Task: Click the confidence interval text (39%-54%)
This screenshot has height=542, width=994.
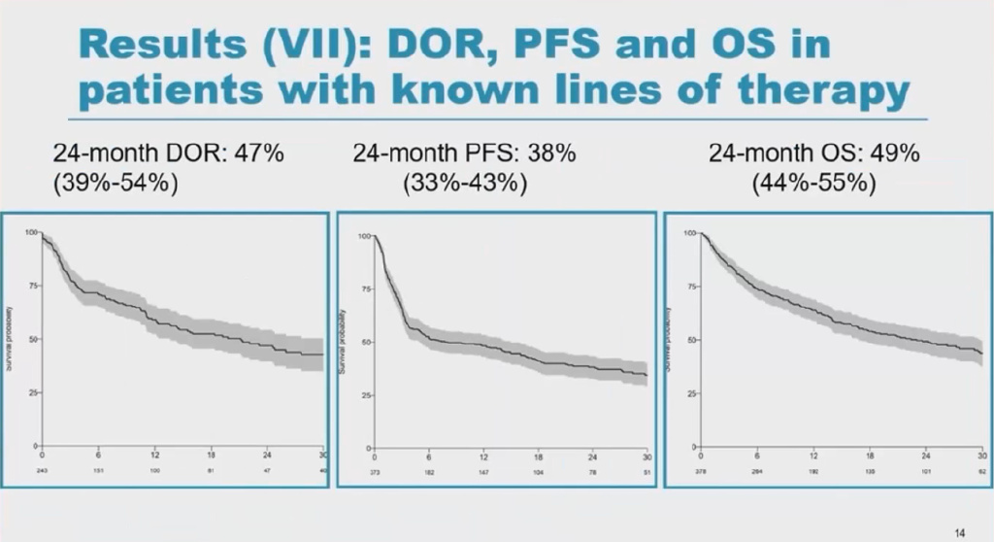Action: coord(116,183)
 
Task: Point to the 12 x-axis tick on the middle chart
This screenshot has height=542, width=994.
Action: coord(482,457)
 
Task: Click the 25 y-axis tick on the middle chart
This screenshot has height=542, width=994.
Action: coord(365,395)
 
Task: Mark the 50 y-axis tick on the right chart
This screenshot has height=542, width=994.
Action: coord(690,340)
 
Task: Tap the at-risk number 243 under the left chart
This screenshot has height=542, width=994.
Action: coord(42,468)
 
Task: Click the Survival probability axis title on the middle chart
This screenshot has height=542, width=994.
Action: coord(343,341)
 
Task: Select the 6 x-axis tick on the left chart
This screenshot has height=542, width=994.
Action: coord(98,455)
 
